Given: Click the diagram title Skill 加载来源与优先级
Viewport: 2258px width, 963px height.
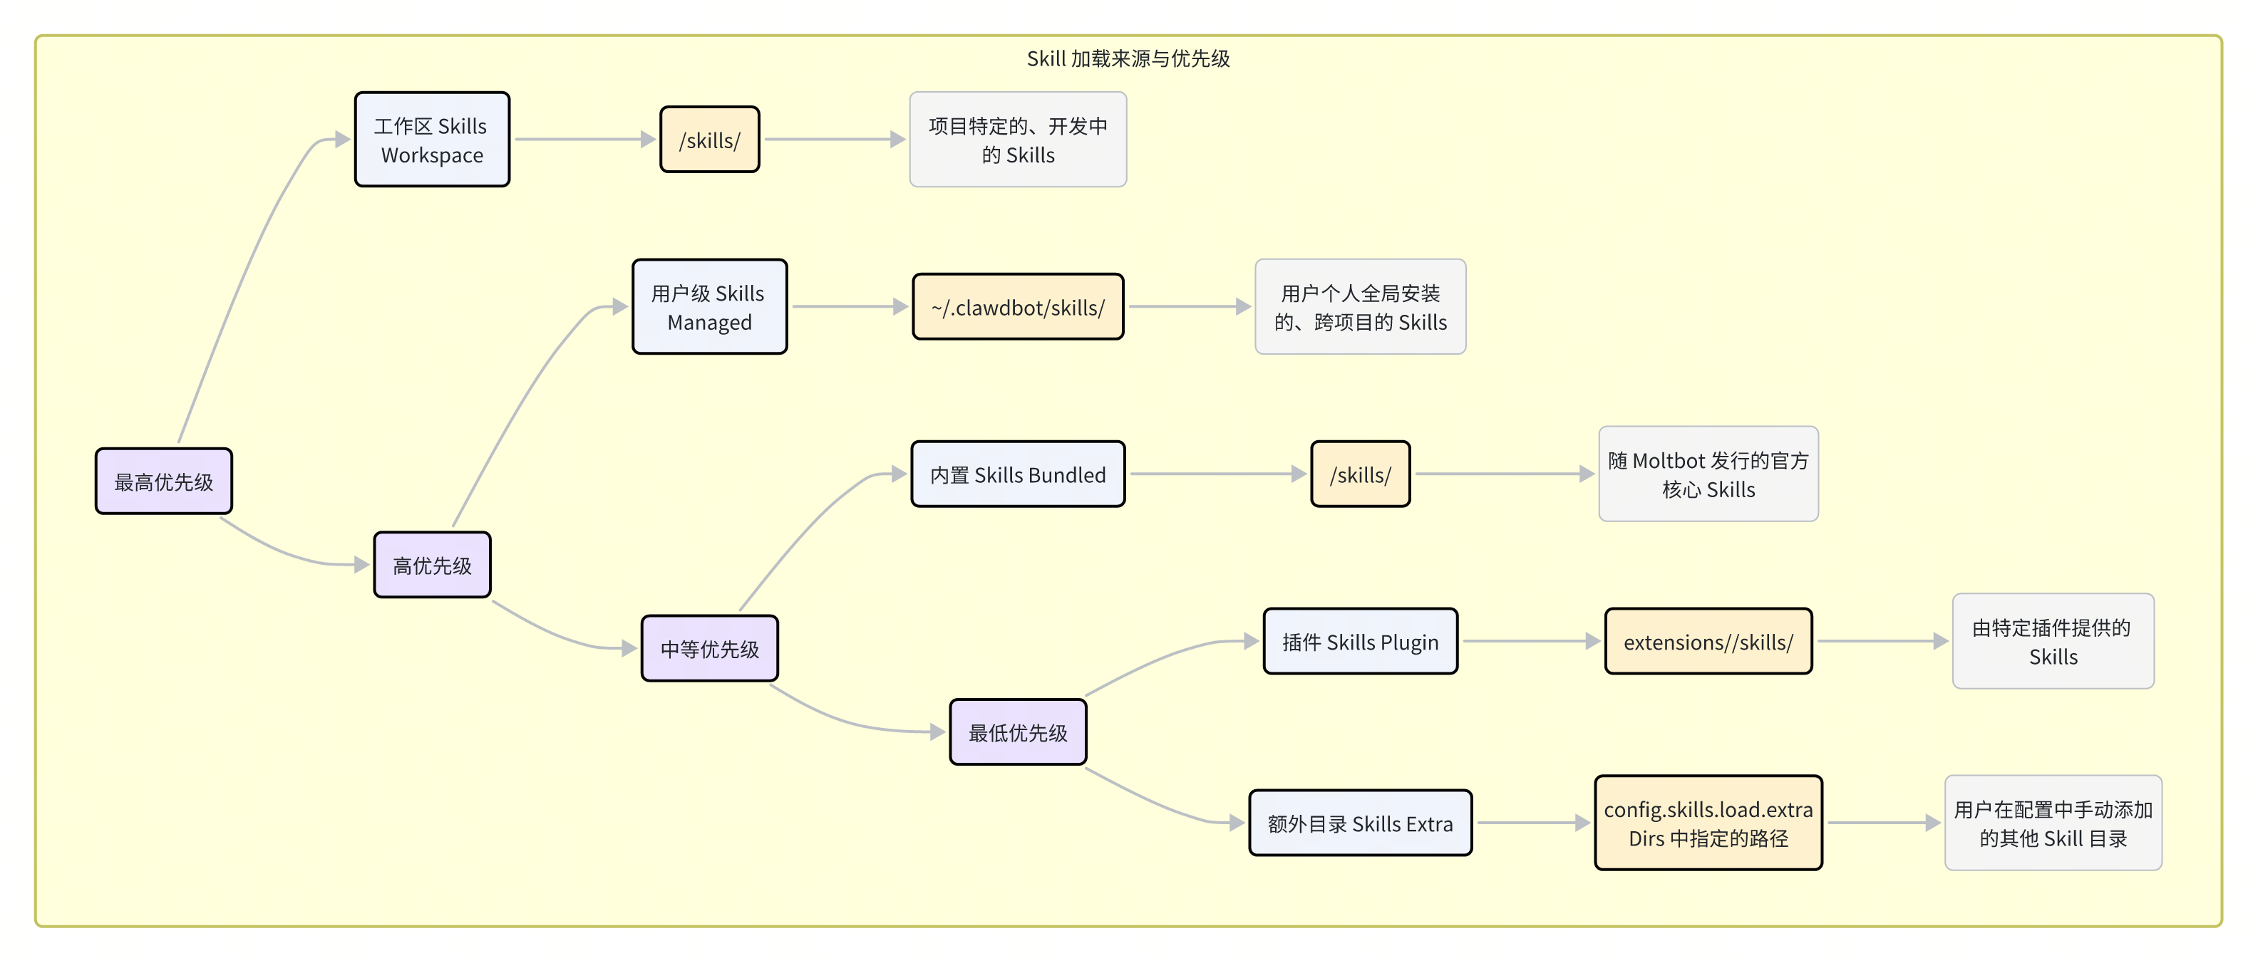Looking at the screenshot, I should coord(1128,58).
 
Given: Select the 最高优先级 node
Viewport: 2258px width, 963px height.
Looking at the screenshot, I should coord(164,481).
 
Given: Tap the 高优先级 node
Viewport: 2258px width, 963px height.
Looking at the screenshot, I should coord(432,565).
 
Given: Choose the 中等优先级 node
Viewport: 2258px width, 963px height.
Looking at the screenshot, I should coord(709,648).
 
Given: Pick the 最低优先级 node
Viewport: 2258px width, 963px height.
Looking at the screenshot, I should coord(1018,732).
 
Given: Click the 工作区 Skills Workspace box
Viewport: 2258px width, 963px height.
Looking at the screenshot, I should coord(432,140).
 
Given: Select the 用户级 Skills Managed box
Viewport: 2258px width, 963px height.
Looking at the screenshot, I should coord(709,307).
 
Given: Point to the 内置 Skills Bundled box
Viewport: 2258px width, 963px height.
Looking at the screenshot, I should coord(1018,474).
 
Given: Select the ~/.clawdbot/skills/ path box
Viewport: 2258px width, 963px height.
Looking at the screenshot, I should coord(1018,307).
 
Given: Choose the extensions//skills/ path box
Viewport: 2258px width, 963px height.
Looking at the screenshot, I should coord(1708,642).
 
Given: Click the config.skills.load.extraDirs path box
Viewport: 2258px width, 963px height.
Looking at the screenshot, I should coord(1708,823).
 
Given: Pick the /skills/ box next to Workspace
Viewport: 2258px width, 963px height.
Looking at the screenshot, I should coord(709,140).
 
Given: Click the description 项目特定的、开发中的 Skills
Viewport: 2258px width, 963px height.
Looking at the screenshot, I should coord(1018,140).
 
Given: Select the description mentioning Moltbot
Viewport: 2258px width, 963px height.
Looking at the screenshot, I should coord(1708,474).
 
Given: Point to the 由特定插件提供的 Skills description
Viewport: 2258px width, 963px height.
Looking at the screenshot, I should coord(2053,642).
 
